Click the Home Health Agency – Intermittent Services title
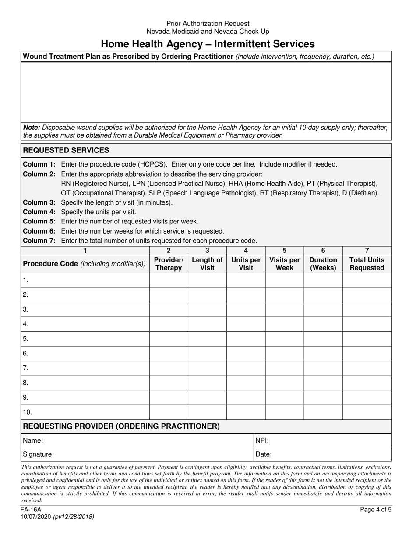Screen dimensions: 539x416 point(208,44)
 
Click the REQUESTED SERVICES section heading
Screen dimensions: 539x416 point(66,150)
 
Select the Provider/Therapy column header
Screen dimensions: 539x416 point(169,263)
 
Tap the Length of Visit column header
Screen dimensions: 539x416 point(207,263)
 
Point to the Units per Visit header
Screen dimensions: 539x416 point(246,263)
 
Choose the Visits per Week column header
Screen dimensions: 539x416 point(284,263)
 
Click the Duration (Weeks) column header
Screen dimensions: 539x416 point(323,263)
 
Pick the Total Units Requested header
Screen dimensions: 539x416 point(367,263)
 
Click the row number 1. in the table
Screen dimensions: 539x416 point(26,280)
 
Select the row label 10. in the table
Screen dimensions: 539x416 point(28,412)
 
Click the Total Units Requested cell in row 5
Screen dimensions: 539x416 point(367,339)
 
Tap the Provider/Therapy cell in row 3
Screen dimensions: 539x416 point(169,309)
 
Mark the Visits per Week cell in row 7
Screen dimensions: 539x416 point(284,368)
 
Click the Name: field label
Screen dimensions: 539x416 point(33,440)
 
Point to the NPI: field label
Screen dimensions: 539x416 point(262,440)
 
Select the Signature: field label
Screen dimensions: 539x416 point(39,454)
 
